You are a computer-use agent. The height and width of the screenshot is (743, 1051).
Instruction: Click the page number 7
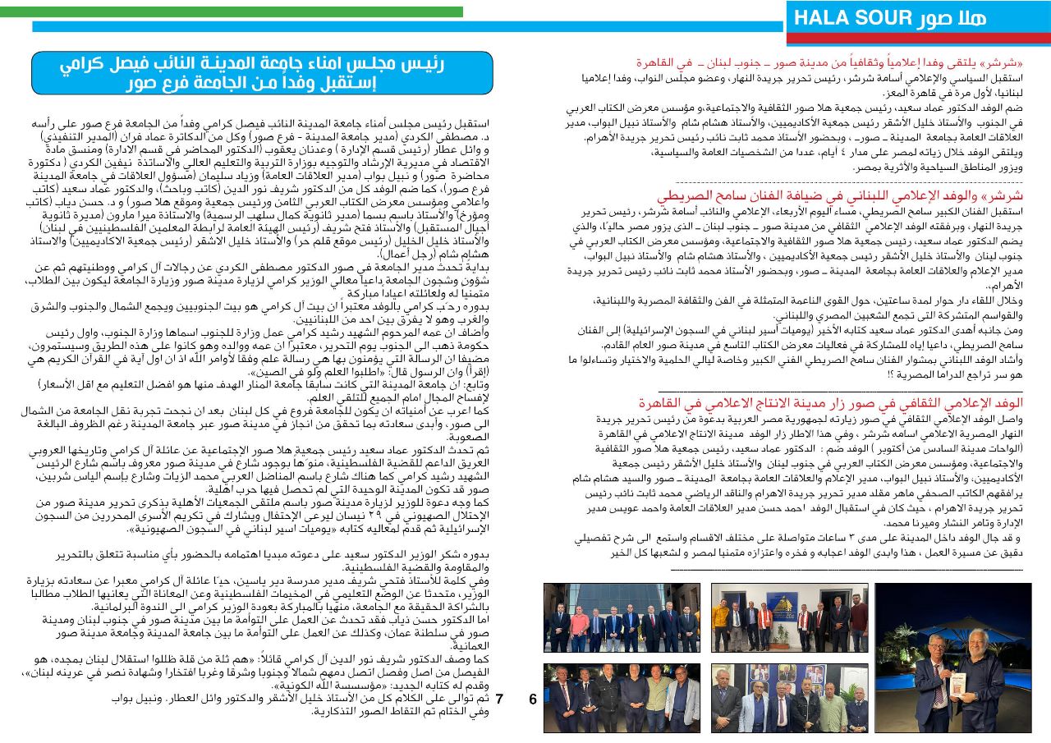(499, 699)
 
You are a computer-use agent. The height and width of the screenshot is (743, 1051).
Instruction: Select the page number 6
(532, 699)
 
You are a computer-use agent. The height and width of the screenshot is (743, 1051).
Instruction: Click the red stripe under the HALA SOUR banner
(917, 38)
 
